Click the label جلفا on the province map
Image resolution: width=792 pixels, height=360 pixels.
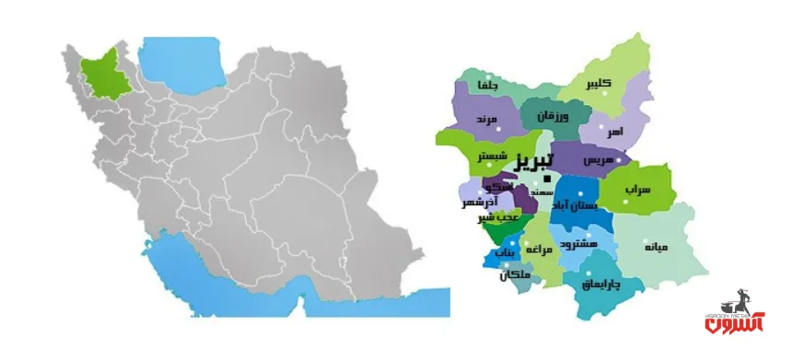click(x=485, y=86)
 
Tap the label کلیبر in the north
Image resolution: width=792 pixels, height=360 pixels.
click(x=597, y=84)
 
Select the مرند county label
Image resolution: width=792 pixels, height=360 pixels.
click(x=487, y=120)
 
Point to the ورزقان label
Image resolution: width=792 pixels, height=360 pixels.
click(x=553, y=116)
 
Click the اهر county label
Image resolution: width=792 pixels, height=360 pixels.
click(x=614, y=133)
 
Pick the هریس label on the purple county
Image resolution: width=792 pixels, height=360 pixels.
click(x=584, y=158)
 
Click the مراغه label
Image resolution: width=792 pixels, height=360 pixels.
click(x=537, y=250)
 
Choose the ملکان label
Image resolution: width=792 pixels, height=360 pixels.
click(x=515, y=274)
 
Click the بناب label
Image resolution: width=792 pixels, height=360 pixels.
click(x=502, y=250)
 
